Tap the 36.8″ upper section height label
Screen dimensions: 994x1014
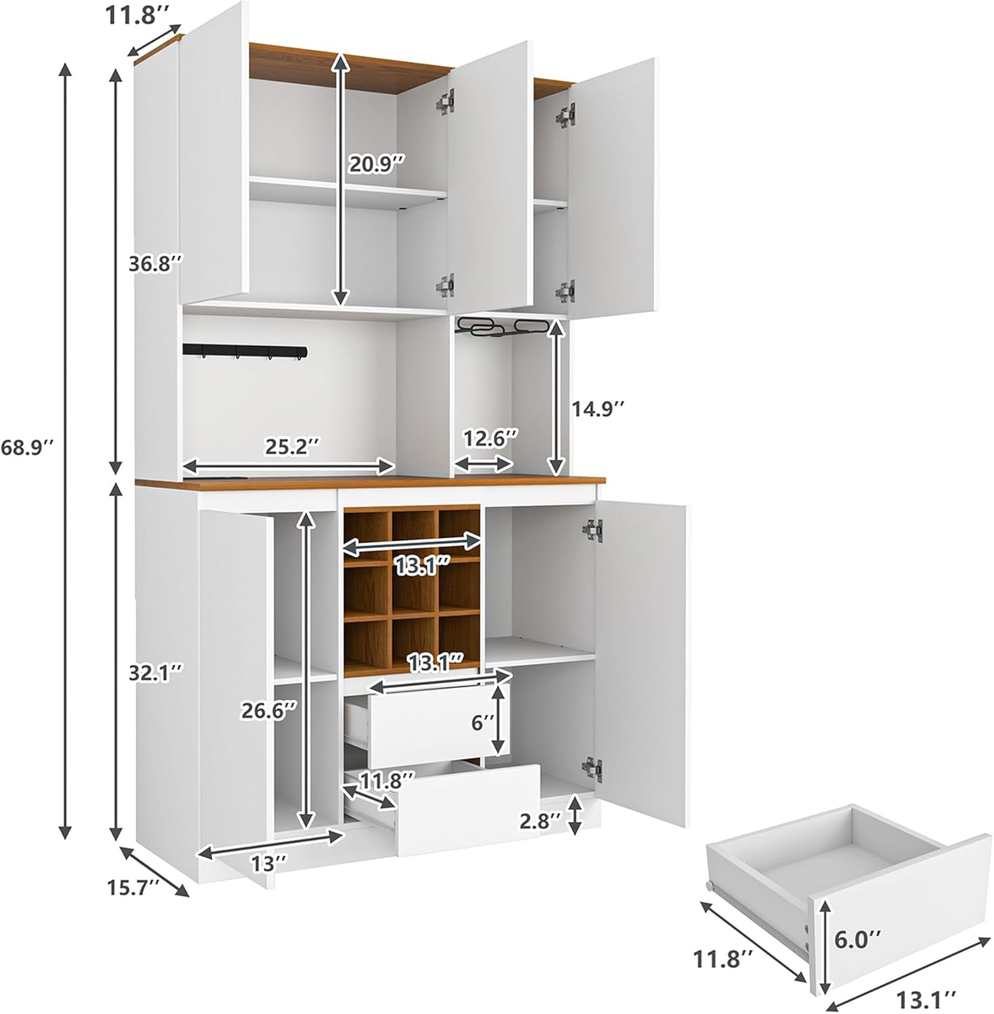coord(156,264)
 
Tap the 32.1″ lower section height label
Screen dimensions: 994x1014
coord(156,673)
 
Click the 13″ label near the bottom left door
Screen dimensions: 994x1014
coord(270,863)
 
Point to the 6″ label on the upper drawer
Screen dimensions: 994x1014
coord(483,724)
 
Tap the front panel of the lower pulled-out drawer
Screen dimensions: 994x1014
coord(468,809)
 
